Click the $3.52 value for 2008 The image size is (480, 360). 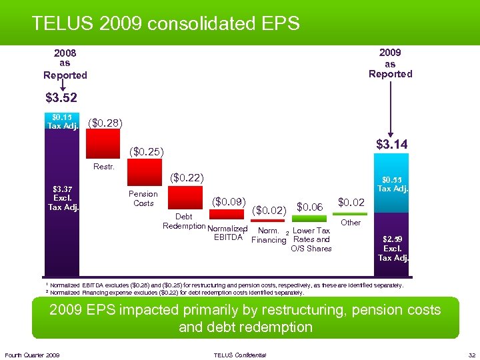pyautogui.click(x=61, y=99)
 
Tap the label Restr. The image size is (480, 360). pyautogui.click(x=103, y=166)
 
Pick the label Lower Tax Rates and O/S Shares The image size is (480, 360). pyautogui.click(x=311, y=239)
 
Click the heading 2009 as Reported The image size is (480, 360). pyautogui.click(x=390, y=63)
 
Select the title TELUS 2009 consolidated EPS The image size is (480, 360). pyautogui.click(x=166, y=24)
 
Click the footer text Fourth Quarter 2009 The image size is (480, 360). pyautogui.click(x=31, y=355)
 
